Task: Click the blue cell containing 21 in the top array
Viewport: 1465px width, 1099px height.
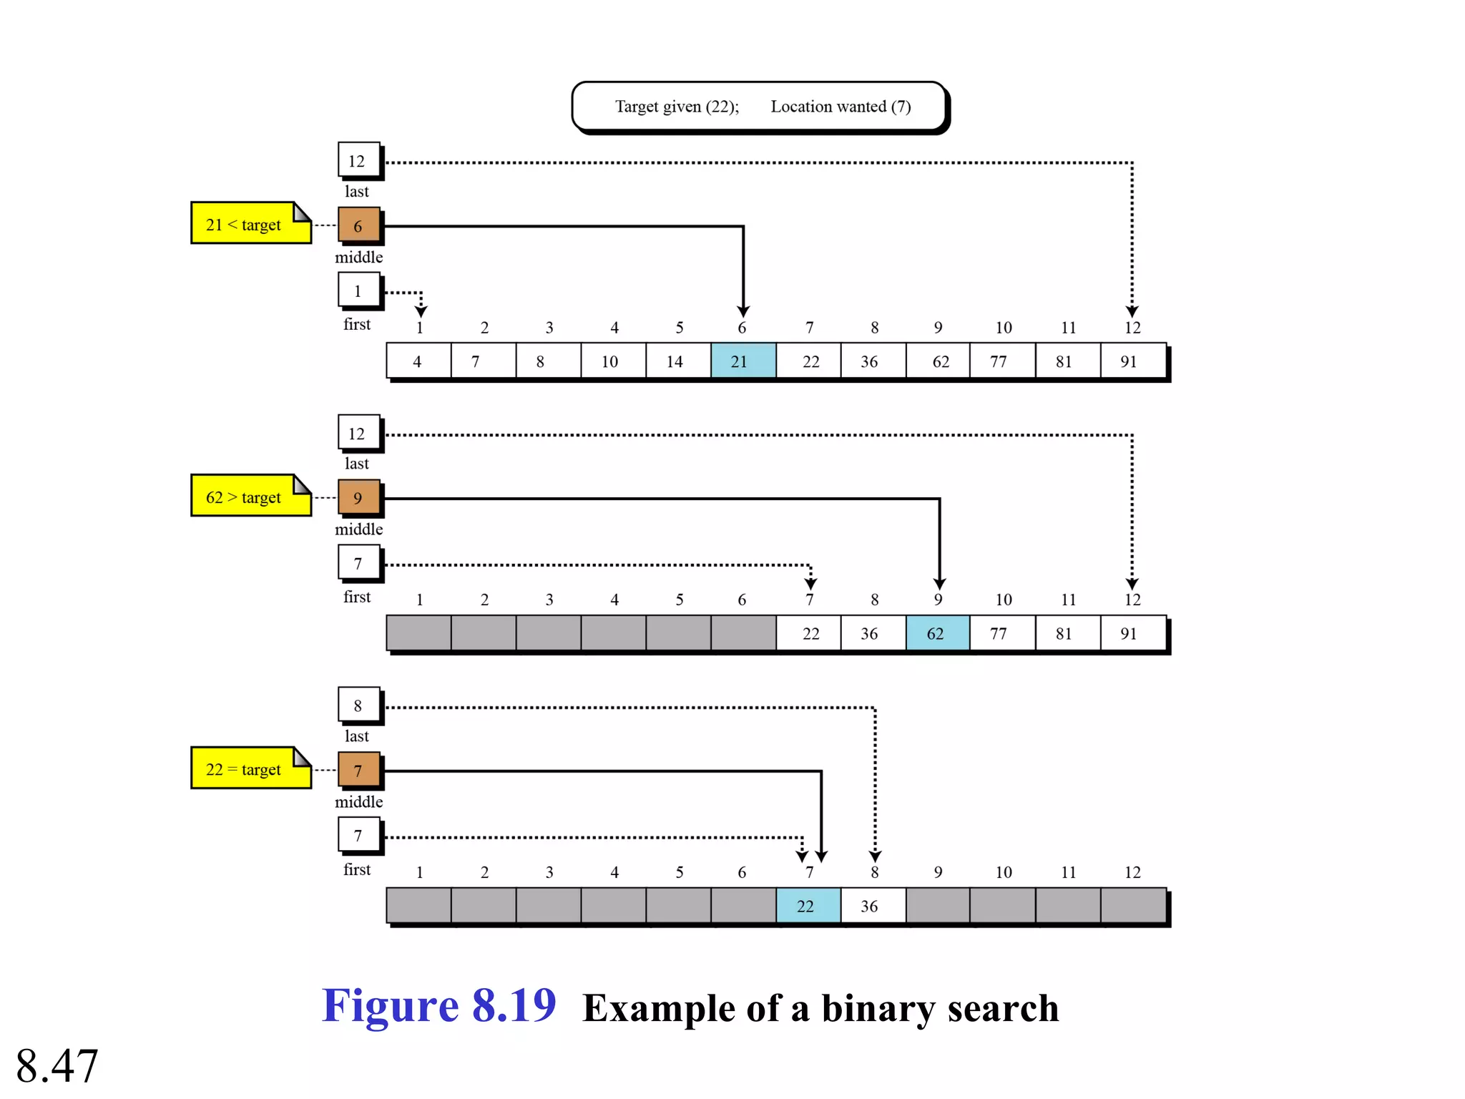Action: click(743, 361)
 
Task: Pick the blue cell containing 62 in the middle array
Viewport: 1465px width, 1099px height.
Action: click(937, 633)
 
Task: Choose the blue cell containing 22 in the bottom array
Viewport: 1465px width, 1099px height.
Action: click(808, 906)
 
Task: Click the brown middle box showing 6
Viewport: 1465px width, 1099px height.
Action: click(358, 225)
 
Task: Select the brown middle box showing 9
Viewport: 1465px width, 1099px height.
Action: click(358, 497)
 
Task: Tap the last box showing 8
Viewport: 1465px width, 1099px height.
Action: click(358, 705)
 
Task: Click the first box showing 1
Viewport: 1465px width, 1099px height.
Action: click(358, 290)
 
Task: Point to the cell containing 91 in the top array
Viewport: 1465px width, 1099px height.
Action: click(1132, 361)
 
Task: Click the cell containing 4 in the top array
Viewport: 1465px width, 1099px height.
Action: click(418, 361)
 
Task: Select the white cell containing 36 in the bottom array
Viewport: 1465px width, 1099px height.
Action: click(872, 906)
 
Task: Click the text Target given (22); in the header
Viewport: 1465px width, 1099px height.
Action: click(676, 107)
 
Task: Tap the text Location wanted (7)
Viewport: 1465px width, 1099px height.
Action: click(841, 107)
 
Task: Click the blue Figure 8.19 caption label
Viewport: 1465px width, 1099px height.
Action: click(438, 1005)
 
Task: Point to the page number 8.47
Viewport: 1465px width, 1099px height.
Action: click(57, 1065)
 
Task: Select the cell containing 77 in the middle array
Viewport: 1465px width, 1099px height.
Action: click(1001, 633)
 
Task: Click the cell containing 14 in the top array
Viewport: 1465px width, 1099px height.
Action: click(677, 361)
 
